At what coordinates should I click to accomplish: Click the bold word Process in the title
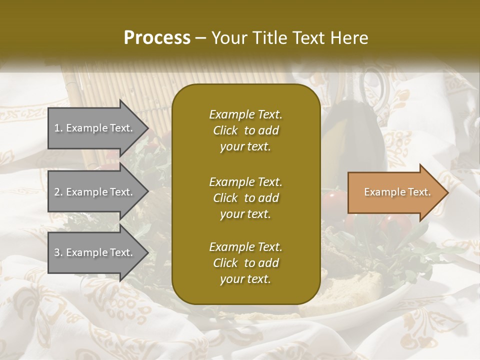(x=157, y=38)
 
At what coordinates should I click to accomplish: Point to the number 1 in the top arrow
(x=57, y=128)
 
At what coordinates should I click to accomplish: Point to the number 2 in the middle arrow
(x=57, y=192)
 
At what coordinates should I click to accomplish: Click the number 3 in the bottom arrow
(x=57, y=253)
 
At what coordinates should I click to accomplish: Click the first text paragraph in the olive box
(x=245, y=130)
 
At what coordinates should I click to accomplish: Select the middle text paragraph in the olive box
(x=245, y=197)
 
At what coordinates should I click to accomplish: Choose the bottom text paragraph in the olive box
(x=245, y=263)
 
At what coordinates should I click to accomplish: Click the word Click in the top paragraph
(x=225, y=131)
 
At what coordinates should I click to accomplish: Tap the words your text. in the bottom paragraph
(x=245, y=279)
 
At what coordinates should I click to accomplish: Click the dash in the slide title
(x=201, y=38)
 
